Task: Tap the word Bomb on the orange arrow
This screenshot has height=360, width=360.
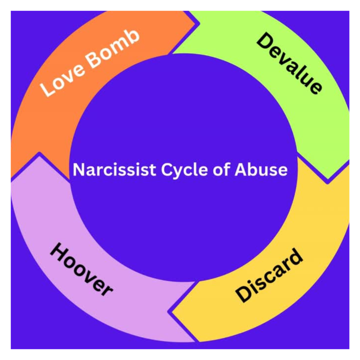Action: pos(113,48)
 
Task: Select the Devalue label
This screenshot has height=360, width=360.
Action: pos(290,63)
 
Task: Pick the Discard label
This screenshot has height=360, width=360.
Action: pos(269,275)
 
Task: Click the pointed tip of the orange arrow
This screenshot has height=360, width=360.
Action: pos(199,24)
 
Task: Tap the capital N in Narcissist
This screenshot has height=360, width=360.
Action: pos(79,170)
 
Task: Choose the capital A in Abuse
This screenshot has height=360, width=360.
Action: pos(241,170)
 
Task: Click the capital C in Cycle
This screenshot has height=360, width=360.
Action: pos(167,170)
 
